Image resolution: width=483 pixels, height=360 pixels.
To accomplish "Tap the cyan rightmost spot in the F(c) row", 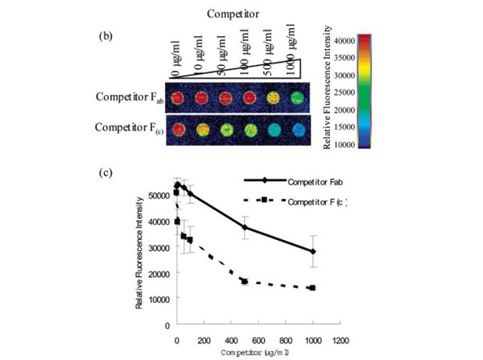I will tap(298, 129).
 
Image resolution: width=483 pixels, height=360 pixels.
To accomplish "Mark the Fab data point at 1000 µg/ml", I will tap(312, 251).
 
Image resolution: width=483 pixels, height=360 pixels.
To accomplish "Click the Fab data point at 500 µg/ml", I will tap(244, 227).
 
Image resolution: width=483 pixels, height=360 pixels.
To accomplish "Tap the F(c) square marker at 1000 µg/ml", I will tap(312, 288).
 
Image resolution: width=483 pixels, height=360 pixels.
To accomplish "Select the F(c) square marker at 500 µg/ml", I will tap(244, 281).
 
